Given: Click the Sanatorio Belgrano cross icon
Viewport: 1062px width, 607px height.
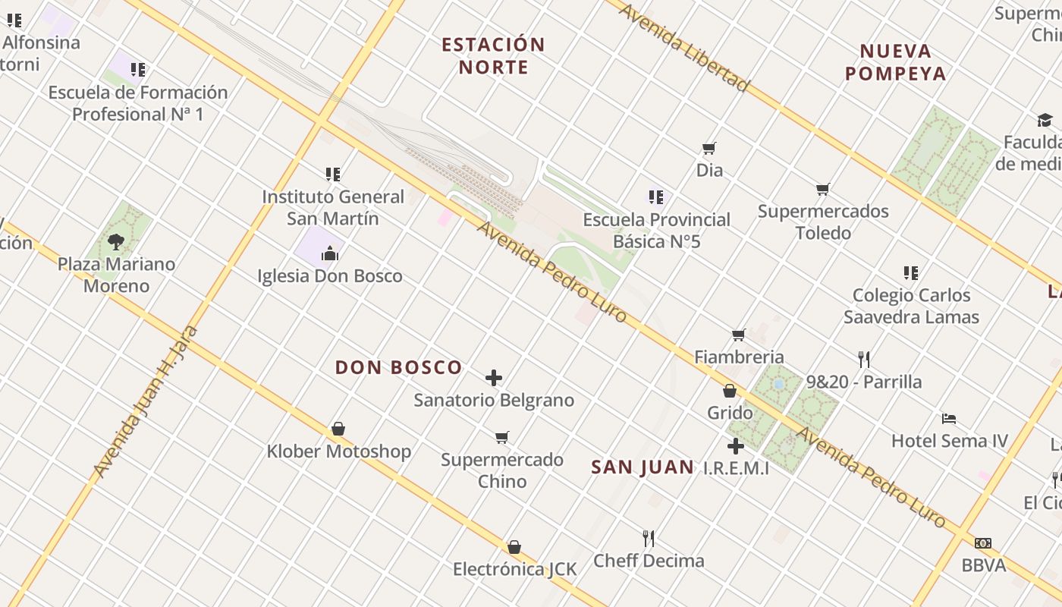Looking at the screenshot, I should point(494,377).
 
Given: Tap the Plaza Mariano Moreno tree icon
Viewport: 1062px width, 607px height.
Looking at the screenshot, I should point(116,242).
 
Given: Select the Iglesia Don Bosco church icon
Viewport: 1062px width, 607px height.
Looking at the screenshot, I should point(330,253).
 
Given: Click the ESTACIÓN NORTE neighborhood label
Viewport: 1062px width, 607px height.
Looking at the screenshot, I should point(493,56).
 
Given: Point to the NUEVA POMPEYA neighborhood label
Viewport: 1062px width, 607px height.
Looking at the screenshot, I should point(895,62).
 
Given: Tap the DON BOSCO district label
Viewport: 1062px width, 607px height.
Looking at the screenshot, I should point(398,368).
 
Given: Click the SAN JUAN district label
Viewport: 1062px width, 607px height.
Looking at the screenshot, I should point(642,467).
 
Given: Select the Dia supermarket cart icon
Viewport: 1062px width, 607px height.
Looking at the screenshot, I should point(709,148).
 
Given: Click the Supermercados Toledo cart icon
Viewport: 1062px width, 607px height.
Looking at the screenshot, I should point(823,189).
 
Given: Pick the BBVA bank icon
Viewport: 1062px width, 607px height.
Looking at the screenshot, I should point(983,543).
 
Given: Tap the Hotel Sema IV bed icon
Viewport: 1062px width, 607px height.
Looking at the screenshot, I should point(948,418).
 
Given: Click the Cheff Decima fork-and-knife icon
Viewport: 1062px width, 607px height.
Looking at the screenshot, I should point(649,538).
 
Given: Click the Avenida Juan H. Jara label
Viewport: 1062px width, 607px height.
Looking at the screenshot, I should point(145,402).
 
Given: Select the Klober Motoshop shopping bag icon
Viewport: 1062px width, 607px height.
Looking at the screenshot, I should point(338,429).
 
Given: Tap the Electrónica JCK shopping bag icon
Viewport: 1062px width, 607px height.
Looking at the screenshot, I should point(514,547).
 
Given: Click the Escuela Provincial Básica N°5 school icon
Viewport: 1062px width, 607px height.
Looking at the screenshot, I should point(656,197).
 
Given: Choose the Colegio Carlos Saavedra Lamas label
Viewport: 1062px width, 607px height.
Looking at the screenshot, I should point(911,306).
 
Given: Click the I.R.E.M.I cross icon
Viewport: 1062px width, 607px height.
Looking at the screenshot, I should point(735,446).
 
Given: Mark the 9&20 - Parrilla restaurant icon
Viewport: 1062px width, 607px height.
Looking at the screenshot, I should point(864,359).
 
